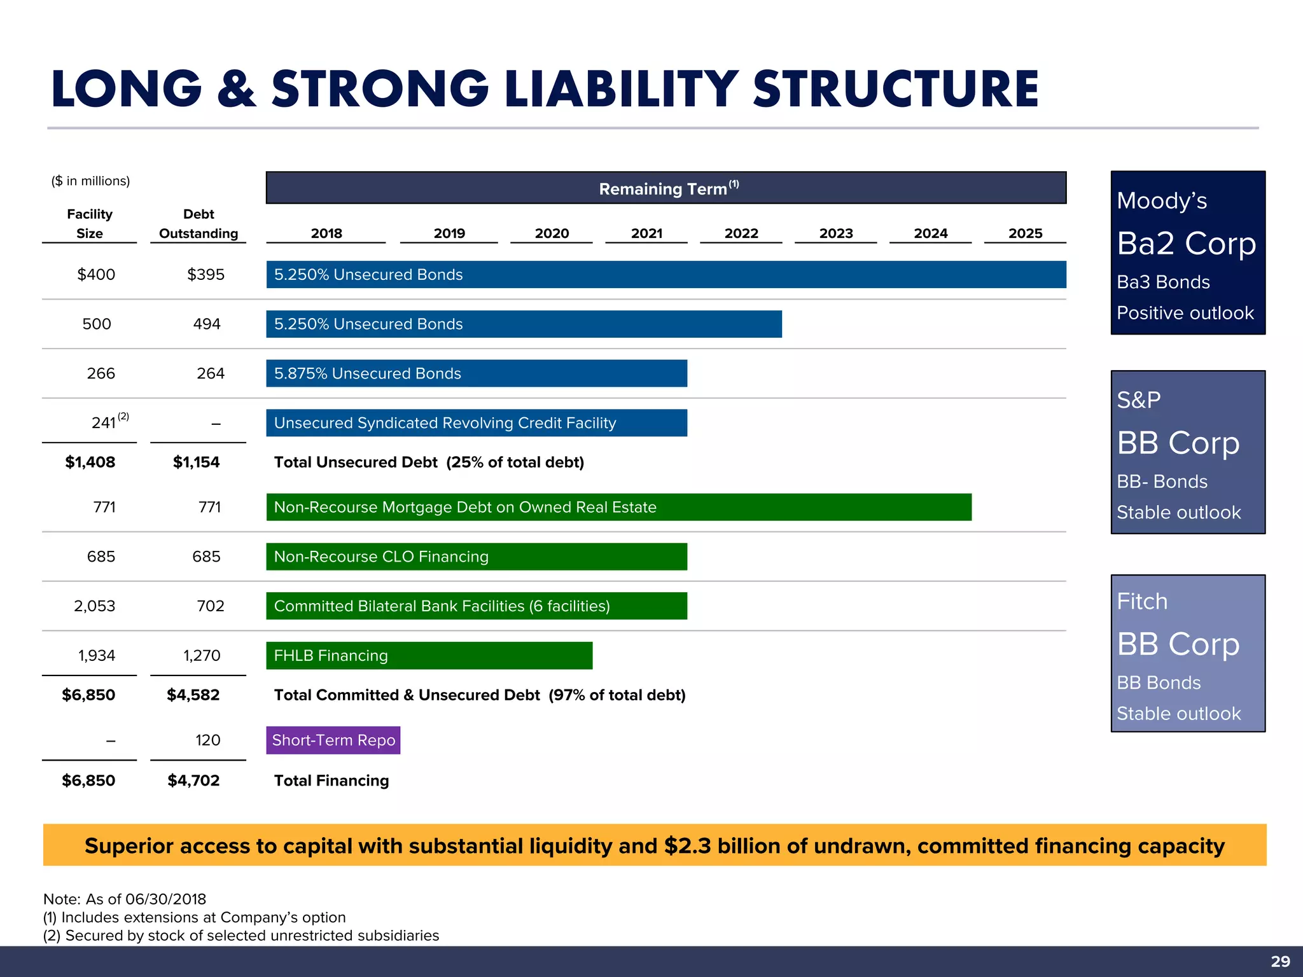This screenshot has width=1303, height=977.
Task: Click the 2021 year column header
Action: [x=646, y=233]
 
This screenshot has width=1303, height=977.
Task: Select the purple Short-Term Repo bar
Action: [x=333, y=740]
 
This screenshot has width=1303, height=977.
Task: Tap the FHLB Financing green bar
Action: [x=429, y=656]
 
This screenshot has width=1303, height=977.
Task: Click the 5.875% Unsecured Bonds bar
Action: [x=476, y=373]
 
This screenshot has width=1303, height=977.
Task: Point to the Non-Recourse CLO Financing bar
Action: [x=476, y=557]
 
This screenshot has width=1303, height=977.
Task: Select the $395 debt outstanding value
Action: [x=206, y=275]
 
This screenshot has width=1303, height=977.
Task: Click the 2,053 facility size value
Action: [x=95, y=606]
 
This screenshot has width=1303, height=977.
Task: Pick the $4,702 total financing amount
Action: [x=193, y=780]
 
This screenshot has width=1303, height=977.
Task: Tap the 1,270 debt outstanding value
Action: [x=202, y=656]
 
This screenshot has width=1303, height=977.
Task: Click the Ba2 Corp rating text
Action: [x=1186, y=244]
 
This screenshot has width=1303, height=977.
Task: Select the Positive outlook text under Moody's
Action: [x=1185, y=313]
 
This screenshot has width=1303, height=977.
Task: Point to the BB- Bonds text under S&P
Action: [x=1162, y=482]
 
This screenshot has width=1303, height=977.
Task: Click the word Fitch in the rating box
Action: [x=1142, y=601]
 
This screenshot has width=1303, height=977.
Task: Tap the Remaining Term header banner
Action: [x=665, y=188]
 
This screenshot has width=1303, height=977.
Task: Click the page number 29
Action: [x=1280, y=961]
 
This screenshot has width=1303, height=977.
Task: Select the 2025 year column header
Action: [x=1025, y=233]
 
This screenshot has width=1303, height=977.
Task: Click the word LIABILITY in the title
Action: [x=621, y=89]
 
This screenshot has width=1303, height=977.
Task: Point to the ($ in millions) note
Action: [x=90, y=181]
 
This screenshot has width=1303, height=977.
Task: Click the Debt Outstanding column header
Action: [x=199, y=224]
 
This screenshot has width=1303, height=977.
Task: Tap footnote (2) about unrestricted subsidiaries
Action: [x=241, y=936]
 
